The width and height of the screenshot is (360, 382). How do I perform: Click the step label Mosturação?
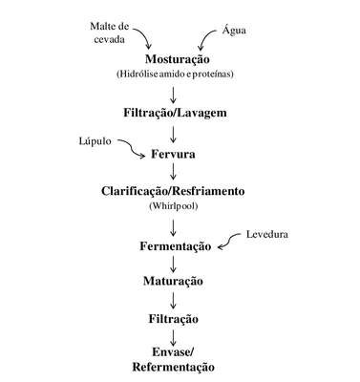(x=178, y=59)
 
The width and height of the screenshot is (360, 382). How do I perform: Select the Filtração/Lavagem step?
(x=175, y=113)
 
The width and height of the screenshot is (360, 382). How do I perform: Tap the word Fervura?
(x=173, y=154)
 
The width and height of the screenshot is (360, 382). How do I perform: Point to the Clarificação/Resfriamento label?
(x=173, y=191)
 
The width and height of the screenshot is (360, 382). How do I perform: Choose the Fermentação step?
(x=175, y=246)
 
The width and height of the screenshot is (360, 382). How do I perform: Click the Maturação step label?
(x=173, y=281)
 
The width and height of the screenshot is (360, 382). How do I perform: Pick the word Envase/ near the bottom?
(x=173, y=352)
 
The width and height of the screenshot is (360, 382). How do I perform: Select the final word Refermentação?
(x=173, y=367)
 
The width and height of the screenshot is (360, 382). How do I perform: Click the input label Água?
(x=234, y=30)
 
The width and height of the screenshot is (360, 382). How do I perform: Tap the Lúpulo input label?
(x=95, y=141)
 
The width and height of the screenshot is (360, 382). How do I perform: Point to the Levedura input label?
(x=267, y=234)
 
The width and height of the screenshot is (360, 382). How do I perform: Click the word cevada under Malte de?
(x=109, y=40)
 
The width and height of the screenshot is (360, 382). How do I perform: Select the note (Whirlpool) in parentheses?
(x=174, y=206)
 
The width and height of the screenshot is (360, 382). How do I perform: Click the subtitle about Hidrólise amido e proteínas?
(x=175, y=74)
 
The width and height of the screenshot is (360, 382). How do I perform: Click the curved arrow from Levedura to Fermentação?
(x=229, y=240)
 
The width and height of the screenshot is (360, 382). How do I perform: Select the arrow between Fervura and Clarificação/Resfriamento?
(x=173, y=172)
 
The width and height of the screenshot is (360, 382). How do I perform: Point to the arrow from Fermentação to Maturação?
(x=173, y=264)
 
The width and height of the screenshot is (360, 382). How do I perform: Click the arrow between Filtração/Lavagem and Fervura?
(x=173, y=135)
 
